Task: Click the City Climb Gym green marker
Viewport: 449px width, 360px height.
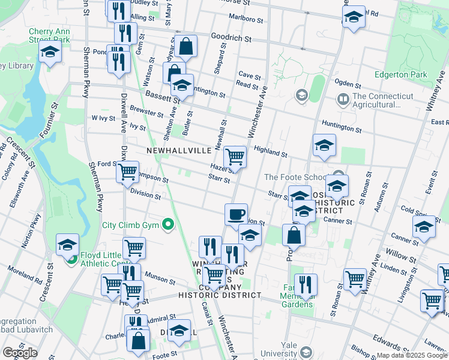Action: (x=168, y=226)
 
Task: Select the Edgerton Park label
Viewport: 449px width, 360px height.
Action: (x=400, y=75)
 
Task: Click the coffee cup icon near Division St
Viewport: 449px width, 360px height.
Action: (x=236, y=214)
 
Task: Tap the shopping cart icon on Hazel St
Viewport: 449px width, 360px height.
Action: (x=235, y=157)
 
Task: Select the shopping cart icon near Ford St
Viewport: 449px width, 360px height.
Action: (x=127, y=171)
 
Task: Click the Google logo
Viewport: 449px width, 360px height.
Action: (x=20, y=353)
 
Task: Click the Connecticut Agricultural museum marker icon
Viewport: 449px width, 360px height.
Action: (x=343, y=98)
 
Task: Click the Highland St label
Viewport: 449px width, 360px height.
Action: (x=270, y=151)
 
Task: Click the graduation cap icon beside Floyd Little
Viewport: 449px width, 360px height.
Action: (x=67, y=244)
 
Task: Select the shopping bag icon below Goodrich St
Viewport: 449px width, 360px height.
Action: (x=186, y=47)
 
